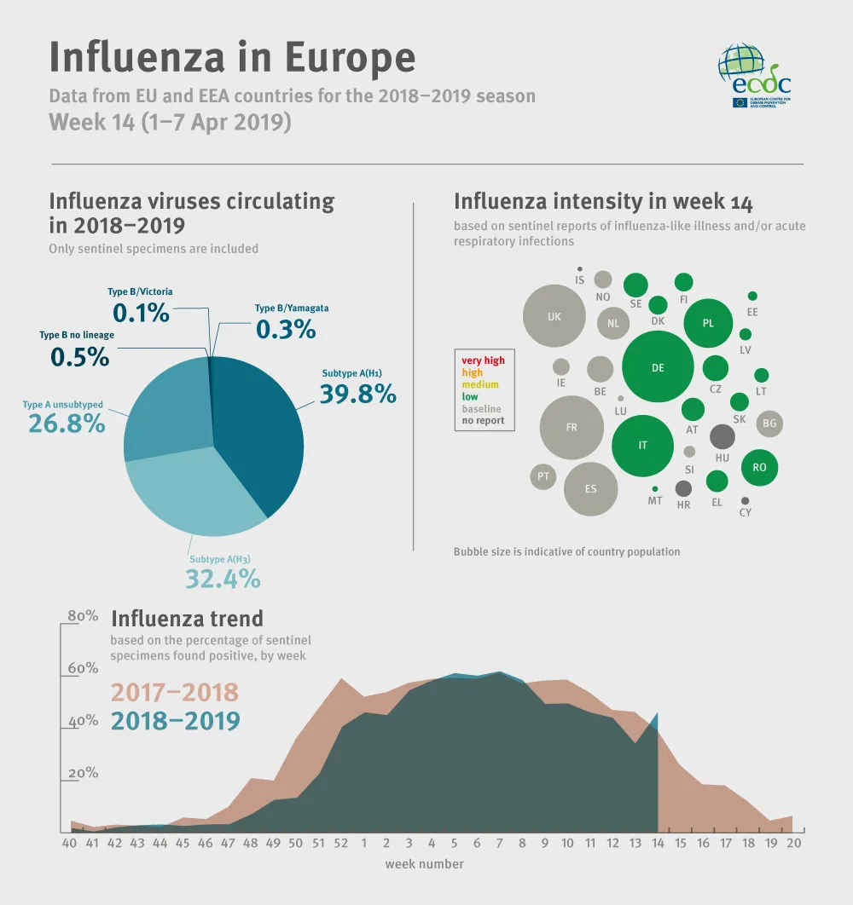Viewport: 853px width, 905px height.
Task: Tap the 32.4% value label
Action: tap(223, 579)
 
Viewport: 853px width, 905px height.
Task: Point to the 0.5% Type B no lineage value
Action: tap(79, 356)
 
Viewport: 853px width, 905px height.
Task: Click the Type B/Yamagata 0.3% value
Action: tap(285, 329)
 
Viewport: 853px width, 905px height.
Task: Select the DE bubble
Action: tap(658, 367)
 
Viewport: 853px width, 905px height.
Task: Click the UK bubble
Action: tap(554, 316)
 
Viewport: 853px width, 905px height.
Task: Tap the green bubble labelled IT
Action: tap(643, 446)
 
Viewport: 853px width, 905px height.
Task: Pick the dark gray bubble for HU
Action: tap(722, 436)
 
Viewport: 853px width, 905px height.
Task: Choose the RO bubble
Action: tap(759, 466)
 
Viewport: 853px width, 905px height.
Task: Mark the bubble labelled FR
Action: tap(572, 427)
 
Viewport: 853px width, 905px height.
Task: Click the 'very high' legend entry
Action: tap(483, 360)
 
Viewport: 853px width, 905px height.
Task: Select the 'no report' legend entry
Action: tap(483, 420)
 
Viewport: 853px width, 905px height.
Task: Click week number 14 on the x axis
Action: tap(658, 843)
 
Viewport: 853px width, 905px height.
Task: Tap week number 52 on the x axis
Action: tap(341, 843)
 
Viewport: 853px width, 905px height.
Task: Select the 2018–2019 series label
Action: tap(175, 720)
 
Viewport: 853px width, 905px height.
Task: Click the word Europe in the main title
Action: tap(350, 57)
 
